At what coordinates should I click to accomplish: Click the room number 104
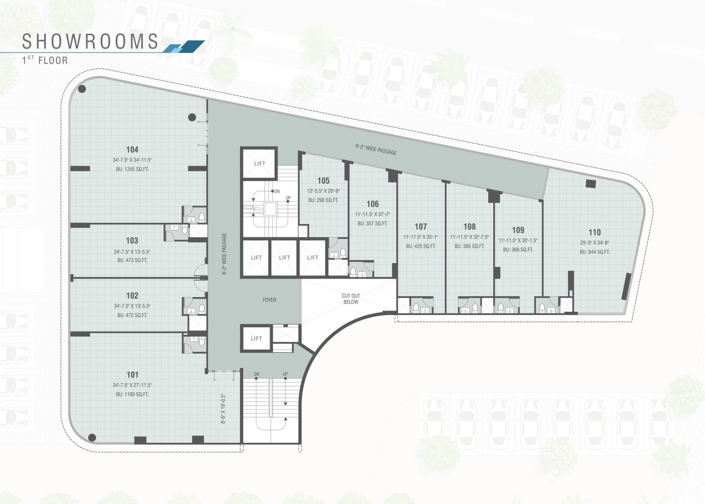132,149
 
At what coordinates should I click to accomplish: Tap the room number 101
133,375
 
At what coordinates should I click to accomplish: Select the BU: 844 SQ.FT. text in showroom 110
594,252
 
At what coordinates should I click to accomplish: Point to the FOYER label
270,300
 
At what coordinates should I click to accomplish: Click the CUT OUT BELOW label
351,299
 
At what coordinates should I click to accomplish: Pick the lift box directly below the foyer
256,338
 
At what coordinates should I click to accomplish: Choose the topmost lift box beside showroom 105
260,163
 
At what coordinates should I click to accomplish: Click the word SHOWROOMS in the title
90,41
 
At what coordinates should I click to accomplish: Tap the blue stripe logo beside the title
184,46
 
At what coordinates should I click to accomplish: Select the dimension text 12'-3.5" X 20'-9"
323,191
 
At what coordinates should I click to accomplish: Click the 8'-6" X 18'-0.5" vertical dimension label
224,409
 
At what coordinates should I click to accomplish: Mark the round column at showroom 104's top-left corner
82,89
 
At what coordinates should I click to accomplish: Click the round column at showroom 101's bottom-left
92,437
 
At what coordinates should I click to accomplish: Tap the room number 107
421,227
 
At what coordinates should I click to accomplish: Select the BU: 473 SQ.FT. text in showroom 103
132,260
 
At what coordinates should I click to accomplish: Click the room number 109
518,230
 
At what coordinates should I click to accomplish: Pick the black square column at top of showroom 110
590,183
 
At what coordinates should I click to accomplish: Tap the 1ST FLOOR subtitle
45,60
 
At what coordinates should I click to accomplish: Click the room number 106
373,204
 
